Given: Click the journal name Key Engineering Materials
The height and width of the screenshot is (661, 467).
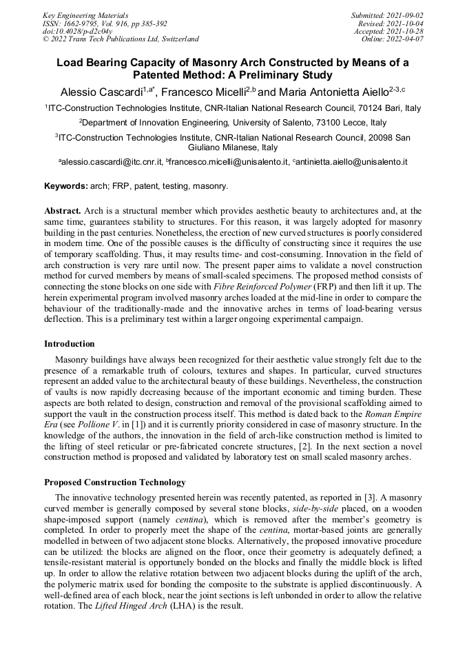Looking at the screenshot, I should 85,14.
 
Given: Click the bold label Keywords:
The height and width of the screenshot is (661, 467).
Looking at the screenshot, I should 66,186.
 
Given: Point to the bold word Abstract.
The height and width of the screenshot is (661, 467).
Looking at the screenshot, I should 63,210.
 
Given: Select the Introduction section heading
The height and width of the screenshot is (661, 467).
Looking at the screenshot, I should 70,344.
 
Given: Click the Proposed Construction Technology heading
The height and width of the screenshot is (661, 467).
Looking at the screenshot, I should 115,482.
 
